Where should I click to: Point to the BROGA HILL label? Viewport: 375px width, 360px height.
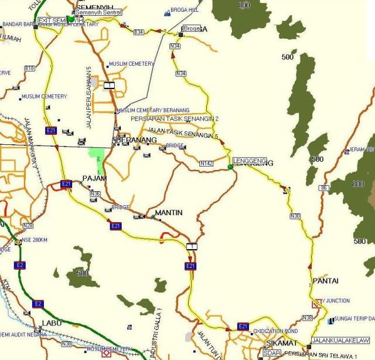pos(185,10)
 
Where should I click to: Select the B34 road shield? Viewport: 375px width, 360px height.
pos(138,32)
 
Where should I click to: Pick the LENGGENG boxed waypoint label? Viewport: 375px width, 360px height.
pos(250,161)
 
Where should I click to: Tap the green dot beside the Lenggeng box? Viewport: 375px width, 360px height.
pos(230,167)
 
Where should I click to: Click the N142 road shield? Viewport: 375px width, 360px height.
pos(206,164)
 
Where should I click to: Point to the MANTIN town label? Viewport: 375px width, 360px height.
pos(169,213)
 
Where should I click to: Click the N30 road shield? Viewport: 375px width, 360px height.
pos(295,216)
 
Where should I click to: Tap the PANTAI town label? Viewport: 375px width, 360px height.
pos(325,281)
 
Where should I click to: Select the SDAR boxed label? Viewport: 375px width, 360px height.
pos(271,354)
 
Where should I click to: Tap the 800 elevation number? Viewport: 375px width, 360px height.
pos(244,5)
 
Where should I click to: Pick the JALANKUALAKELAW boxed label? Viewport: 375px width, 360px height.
pos(342,340)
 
